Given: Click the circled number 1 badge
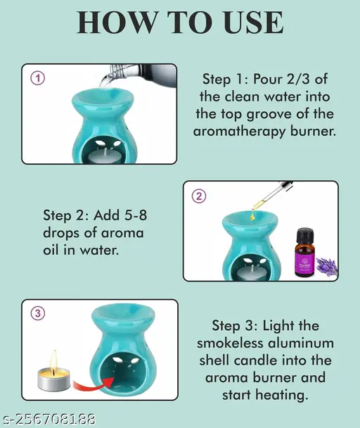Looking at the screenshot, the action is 37,79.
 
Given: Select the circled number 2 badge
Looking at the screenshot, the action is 199,196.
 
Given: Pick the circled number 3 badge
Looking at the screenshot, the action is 37,314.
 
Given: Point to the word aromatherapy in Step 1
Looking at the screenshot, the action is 239,132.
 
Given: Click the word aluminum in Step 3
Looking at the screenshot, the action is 301,343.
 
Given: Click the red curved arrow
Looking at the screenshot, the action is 93,384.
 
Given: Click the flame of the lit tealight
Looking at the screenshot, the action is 55,360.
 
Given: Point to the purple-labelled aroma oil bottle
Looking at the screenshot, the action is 305,253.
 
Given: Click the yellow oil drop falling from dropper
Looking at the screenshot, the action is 252,216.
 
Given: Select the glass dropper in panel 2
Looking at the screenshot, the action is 272,196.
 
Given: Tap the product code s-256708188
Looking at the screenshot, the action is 49,420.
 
